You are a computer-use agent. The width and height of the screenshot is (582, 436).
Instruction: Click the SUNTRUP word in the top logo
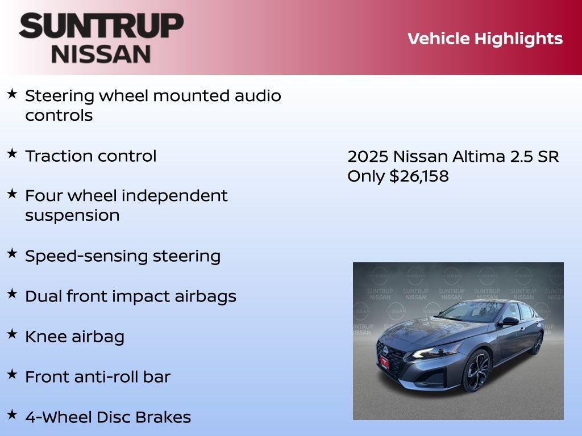click(101, 26)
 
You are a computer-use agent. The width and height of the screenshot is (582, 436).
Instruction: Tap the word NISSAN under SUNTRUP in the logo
click(101, 53)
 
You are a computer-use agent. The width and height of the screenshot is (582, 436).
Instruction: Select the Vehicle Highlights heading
click(485, 39)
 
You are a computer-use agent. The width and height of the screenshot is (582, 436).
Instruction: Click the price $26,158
click(419, 176)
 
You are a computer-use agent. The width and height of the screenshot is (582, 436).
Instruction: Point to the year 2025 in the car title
click(368, 156)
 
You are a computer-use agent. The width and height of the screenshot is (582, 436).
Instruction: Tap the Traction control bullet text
click(90, 156)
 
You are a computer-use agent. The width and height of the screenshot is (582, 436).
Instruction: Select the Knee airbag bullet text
click(74, 337)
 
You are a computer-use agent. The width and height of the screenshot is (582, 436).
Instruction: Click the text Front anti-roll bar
click(97, 377)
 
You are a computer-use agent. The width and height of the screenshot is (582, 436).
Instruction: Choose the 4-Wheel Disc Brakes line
click(108, 417)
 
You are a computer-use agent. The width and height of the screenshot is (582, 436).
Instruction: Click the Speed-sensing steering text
click(122, 256)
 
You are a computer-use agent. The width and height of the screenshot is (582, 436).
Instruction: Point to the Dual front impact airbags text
click(130, 296)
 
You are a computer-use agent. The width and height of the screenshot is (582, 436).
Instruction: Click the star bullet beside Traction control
click(12, 153)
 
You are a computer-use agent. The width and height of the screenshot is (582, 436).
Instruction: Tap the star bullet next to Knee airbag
click(12, 334)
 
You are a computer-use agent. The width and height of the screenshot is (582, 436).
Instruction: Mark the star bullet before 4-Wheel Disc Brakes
click(12, 414)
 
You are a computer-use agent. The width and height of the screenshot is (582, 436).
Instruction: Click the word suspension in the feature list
click(72, 216)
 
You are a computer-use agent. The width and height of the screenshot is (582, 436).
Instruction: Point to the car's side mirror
click(509, 321)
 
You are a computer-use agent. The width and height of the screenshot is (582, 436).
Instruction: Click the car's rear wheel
click(537, 342)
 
